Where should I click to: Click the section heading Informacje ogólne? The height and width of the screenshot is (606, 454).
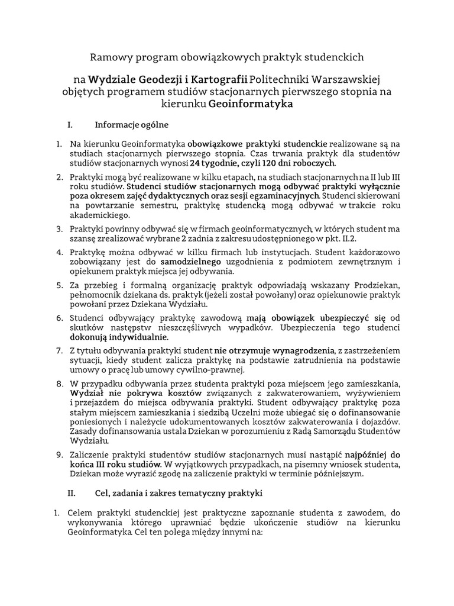[x=131, y=125]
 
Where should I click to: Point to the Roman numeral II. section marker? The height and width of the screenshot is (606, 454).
[x=72, y=492]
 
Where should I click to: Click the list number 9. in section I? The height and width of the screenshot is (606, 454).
[x=60, y=455]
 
